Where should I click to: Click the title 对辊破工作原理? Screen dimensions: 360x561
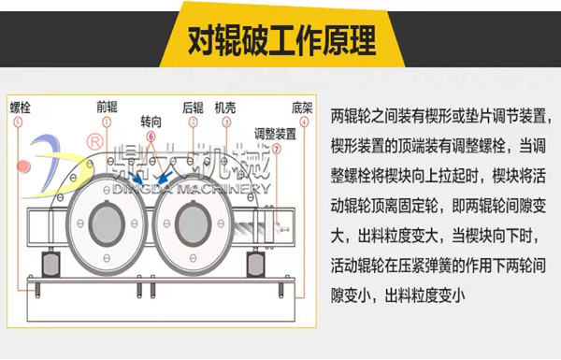[x=281, y=39]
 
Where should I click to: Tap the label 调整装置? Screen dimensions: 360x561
[x=276, y=133]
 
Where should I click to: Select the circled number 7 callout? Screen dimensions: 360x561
[x=276, y=148]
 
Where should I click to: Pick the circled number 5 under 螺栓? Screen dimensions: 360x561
[x=18, y=121]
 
